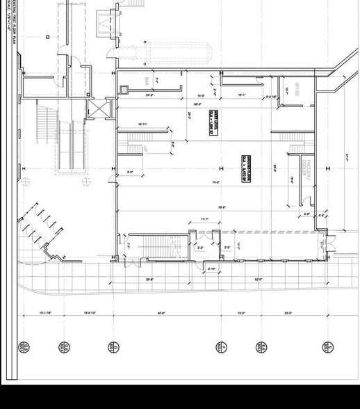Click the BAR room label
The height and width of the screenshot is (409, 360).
click(x=147, y=81)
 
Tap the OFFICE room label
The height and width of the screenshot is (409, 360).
click(x=295, y=89)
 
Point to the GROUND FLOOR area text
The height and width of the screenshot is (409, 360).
click(x=245, y=168)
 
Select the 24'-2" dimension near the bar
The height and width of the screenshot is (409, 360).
click(x=149, y=95)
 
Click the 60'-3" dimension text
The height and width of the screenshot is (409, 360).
click(x=198, y=105)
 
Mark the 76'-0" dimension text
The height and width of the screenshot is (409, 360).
click(x=221, y=207)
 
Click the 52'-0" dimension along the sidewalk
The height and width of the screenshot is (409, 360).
click(x=258, y=279)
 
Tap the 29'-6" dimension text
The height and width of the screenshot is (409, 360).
click(x=150, y=279)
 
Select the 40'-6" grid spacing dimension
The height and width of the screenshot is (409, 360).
click(x=161, y=314)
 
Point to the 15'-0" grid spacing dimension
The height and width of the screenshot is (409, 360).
click(x=240, y=314)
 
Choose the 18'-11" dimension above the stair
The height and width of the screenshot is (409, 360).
click(x=142, y=125)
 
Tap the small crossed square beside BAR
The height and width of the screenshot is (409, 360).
click(x=124, y=89)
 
